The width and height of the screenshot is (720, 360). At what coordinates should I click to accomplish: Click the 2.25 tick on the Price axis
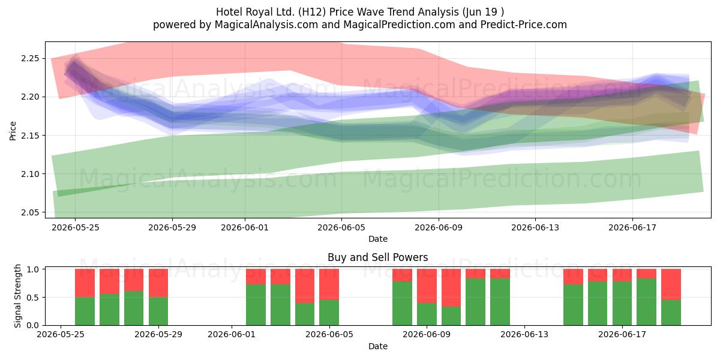30,59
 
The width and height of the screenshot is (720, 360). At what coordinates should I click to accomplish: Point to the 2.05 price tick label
30,212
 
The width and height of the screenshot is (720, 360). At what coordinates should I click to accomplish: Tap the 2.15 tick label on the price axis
30,136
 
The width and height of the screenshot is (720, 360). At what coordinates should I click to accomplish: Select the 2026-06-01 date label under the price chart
245,227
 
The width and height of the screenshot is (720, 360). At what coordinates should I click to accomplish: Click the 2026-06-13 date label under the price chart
535,227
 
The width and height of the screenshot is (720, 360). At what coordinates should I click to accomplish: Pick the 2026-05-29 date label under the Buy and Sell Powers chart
158,334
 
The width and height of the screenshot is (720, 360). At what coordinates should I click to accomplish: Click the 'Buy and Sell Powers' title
377,257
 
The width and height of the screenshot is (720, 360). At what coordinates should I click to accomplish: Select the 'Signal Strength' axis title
17,296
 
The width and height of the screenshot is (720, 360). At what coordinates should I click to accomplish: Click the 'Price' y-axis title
13,131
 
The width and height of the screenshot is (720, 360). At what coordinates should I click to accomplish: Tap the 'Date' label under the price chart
377,239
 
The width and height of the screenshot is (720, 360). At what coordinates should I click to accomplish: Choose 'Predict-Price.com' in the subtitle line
524,25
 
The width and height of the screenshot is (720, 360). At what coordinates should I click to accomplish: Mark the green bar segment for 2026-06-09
427,314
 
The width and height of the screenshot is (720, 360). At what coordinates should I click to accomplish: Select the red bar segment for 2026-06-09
427,286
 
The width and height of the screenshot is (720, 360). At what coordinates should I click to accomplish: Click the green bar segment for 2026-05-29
158,311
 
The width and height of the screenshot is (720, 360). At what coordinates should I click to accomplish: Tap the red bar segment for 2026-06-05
329,284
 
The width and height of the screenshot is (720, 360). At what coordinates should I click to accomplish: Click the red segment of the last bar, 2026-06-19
671,284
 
